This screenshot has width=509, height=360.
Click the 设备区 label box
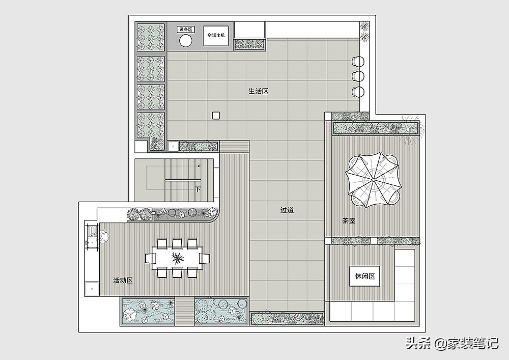[x=186, y=30]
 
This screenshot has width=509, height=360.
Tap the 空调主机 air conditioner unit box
[x=216, y=35]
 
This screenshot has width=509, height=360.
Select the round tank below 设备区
[x=186, y=41]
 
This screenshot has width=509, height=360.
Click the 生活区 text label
[x=259, y=91]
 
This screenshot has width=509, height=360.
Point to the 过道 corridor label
[x=287, y=210]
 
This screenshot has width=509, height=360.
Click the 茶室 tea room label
[x=349, y=221]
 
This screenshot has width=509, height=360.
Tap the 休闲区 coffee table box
[x=365, y=276]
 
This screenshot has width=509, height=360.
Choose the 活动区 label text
[x=123, y=281]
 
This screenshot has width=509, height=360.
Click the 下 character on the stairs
[x=197, y=189]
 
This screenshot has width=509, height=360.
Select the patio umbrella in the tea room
[x=373, y=180]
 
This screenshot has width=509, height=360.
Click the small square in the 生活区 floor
[x=216, y=116]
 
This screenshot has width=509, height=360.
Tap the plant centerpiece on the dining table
[x=178, y=258]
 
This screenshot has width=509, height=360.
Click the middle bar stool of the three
[x=358, y=76]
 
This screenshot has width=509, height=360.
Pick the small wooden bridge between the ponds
[x=184, y=311]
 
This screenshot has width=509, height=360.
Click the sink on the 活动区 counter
[x=93, y=233]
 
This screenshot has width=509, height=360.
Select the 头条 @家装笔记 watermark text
[x=452, y=343]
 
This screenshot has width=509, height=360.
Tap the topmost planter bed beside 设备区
[x=150, y=37]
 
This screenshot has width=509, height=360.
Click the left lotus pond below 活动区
[x=148, y=311]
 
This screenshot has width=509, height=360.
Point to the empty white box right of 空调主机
[x=249, y=30]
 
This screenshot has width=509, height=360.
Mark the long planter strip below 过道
[x=287, y=318]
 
